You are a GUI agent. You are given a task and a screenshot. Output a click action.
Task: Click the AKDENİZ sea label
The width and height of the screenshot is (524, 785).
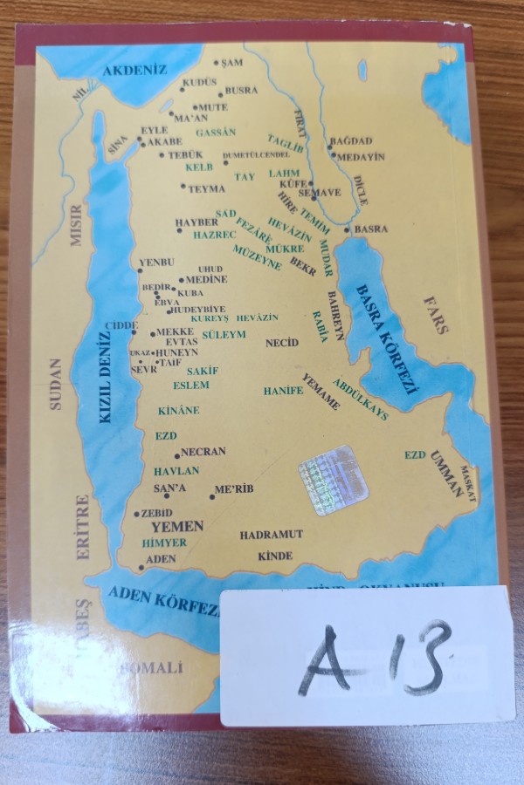pyautogui.click(x=134, y=72)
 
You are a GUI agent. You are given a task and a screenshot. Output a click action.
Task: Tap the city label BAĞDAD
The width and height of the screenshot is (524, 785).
pyautogui.click(x=351, y=140)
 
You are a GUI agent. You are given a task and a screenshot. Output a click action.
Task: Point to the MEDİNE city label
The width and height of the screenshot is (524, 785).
pyautogui.click(x=206, y=280)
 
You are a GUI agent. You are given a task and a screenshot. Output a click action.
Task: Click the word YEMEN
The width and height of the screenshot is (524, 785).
pyautogui.click(x=177, y=527)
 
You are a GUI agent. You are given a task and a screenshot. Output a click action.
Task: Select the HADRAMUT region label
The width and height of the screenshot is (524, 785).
pyautogui.click(x=272, y=534)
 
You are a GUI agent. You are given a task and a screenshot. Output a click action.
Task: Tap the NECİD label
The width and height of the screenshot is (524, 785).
pyautogui.click(x=282, y=343)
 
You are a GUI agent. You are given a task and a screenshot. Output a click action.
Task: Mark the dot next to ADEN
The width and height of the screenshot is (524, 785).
pyautogui.click(x=141, y=567)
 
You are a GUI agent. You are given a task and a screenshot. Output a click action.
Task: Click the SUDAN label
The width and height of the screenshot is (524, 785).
pyautogui.click(x=56, y=384)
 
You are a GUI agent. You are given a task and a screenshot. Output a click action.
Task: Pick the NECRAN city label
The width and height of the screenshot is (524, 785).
pyautogui.click(x=204, y=452)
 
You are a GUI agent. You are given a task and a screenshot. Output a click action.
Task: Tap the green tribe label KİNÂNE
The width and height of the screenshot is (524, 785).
pyautogui.click(x=178, y=410)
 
